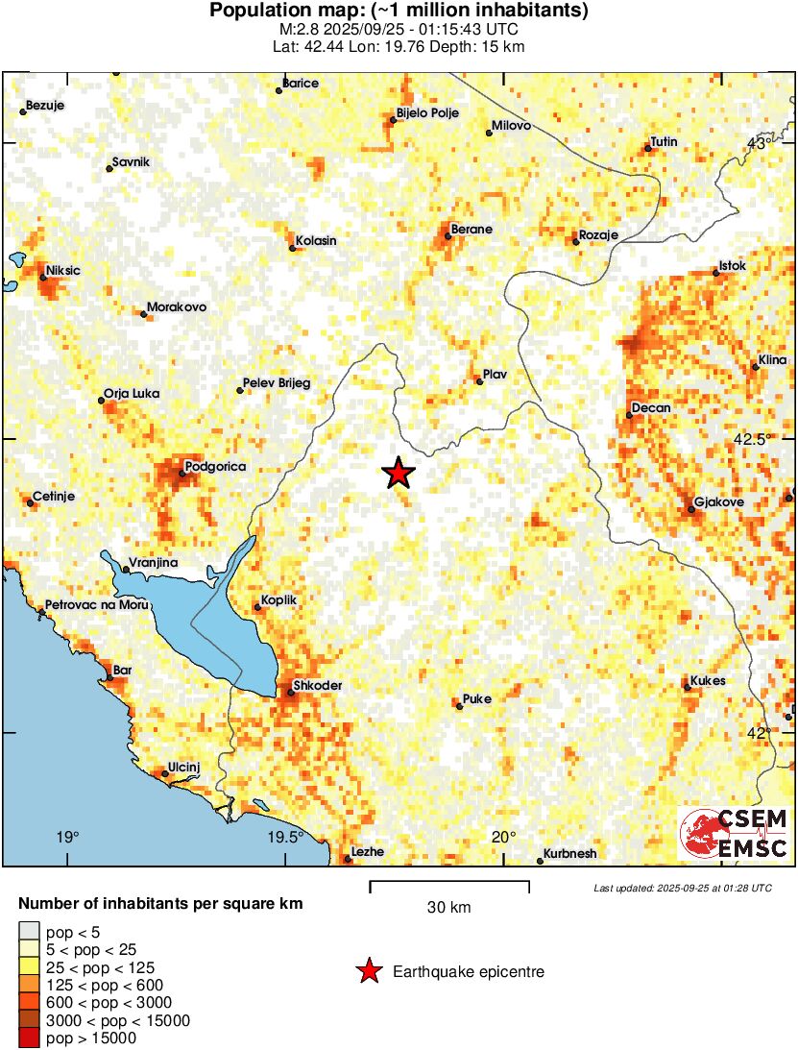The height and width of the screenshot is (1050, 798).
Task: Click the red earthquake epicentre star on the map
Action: (x=398, y=473)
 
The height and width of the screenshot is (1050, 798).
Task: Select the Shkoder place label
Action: (x=317, y=685)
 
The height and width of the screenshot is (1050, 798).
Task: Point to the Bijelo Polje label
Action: (x=427, y=112)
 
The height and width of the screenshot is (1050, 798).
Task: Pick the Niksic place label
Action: (x=63, y=270)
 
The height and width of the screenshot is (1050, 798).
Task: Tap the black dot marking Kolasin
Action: (x=293, y=249)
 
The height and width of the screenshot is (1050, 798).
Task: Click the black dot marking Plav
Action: (x=479, y=381)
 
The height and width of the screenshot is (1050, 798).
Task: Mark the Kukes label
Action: (x=708, y=681)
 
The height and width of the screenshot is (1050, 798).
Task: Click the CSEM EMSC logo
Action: (x=735, y=833)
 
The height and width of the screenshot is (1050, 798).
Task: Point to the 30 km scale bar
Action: (x=448, y=883)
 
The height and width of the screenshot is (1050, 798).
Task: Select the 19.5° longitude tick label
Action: (x=285, y=837)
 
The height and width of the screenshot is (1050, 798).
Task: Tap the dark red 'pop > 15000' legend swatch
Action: (x=29, y=1038)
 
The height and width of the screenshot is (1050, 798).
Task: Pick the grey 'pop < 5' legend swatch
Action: (x=29, y=931)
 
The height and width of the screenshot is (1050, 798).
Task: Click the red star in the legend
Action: (x=368, y=972)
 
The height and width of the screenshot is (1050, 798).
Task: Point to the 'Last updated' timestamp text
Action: (x=682, y=888)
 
